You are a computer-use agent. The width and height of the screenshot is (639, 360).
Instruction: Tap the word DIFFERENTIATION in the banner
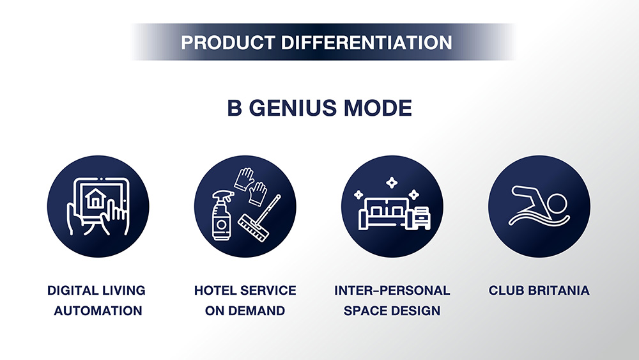click(x=367, y=42)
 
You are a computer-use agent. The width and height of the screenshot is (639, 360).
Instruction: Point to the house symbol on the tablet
click(x=96, y=198)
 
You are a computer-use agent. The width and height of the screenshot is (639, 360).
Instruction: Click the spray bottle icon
click(x=222, y=215)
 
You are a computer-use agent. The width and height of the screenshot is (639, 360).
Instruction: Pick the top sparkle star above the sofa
click(x=392, y=183)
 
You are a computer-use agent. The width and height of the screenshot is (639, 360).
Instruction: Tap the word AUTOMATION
click(x=98, y=311)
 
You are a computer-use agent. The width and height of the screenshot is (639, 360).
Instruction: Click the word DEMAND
click(x=257, y=311)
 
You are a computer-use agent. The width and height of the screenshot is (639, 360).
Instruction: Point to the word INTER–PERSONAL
click(x=392, y=290)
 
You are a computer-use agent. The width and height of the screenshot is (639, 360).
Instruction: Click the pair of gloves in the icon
click(x=250, y=187)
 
